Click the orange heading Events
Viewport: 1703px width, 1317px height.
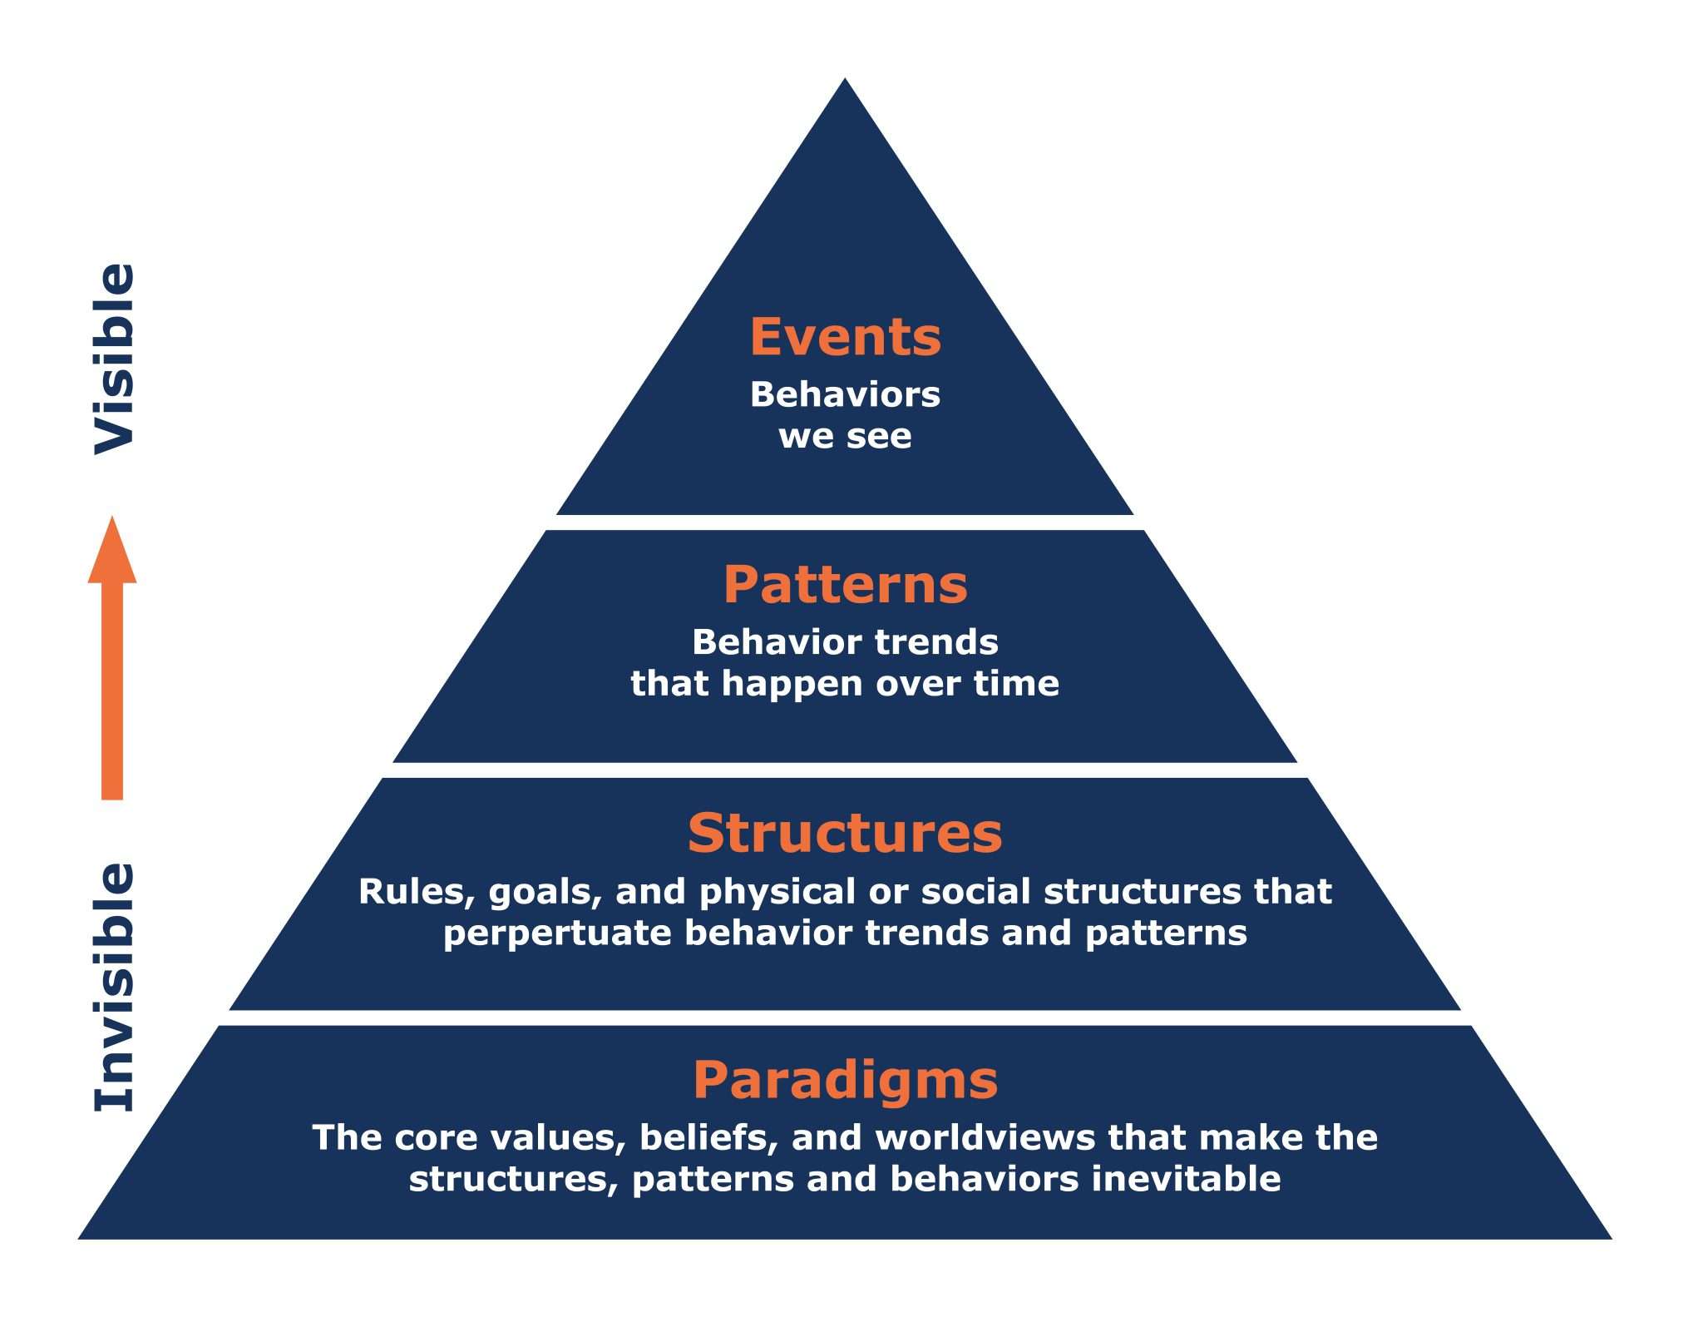coord(845,337)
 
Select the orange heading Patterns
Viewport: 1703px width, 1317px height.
coord(845,585)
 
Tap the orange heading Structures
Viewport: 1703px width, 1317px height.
coord(845,833)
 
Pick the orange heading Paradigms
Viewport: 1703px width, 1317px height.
coord(845,1080)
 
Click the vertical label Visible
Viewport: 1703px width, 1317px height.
coord(114,359)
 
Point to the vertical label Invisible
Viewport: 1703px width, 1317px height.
coord(114,987)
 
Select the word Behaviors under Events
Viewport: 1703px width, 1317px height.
coord(845,394)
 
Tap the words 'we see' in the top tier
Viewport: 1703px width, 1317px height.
coord(845,436)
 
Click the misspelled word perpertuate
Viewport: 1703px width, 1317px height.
coord(556,933)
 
